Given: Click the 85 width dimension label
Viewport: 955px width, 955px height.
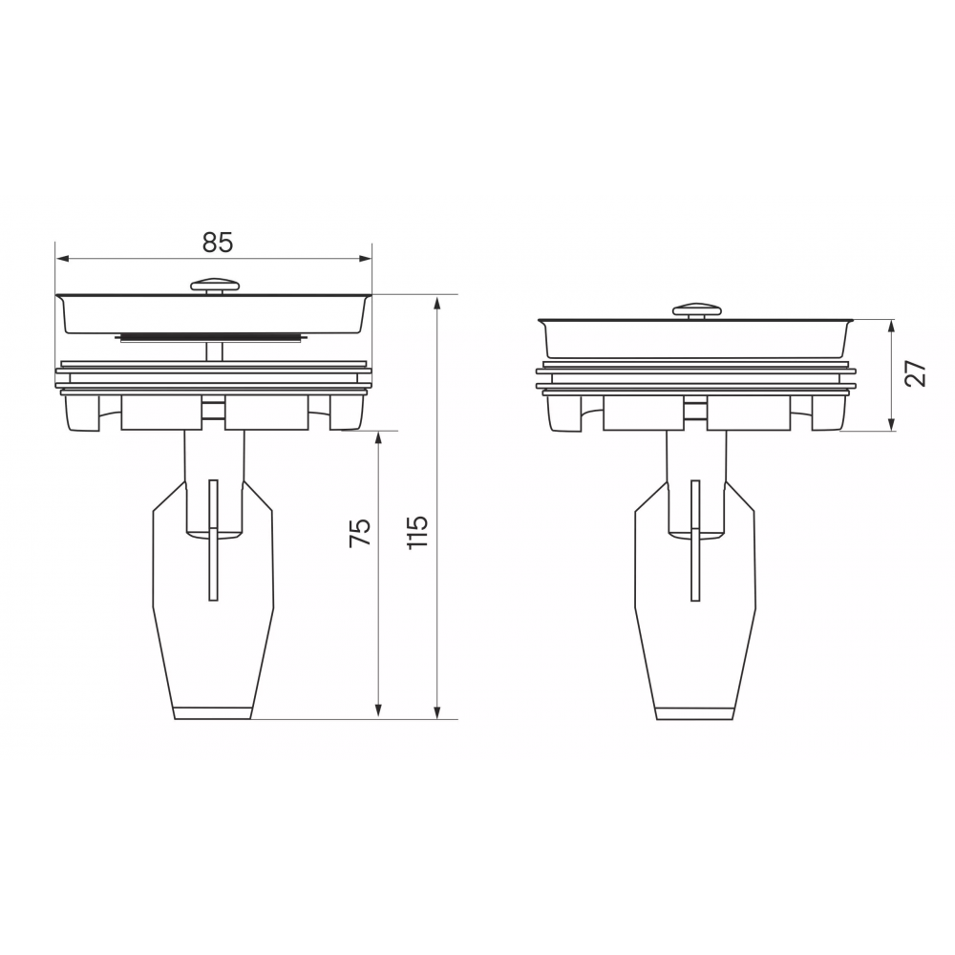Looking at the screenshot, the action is (x=218, y=243).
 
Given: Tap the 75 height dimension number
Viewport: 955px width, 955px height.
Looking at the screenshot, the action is (x=360, y=533).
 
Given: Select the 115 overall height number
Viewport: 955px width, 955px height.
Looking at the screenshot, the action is (x=418, y=533).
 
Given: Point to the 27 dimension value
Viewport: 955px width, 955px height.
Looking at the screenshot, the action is (x=915, y=374).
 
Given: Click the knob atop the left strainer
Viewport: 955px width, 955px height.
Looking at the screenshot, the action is (x=216, y=286).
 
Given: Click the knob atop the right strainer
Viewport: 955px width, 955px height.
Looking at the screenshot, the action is (x=697, y=310).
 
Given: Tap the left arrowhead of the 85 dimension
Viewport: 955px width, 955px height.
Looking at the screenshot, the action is (x=61, y=259).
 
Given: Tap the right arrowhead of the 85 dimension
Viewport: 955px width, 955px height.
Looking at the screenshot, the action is (x=366, y=259).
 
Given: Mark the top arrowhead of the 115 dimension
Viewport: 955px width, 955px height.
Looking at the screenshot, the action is (x=436, y=302).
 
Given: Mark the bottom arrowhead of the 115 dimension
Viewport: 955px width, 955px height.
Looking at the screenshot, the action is (x=436, y=712).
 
